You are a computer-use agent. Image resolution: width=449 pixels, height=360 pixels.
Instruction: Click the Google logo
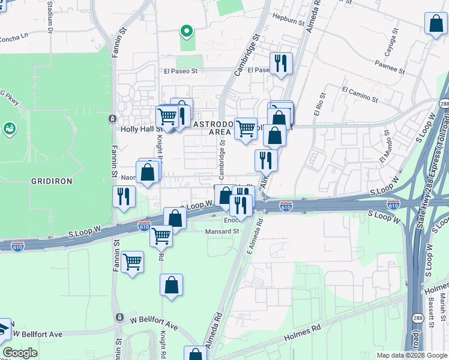pos(20,353)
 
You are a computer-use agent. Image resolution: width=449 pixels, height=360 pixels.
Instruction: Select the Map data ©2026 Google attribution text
pos(411,355)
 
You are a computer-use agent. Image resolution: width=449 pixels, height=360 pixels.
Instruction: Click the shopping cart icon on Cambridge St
pos(246,128)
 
